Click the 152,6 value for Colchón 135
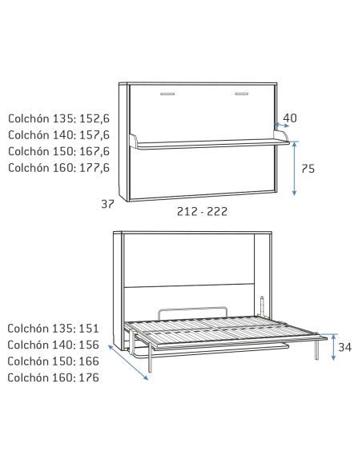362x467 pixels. coord(95,119)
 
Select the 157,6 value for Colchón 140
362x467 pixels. coord(95,135)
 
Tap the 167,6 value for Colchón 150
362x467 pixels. coord(95,152)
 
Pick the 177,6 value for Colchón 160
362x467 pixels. coord(95,168)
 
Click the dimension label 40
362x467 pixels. coord(290,118)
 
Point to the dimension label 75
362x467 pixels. coord(308,169)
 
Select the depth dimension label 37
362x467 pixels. coord(107,205)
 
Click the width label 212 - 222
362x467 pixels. coord(202,211)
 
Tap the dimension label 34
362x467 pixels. coord(345,347)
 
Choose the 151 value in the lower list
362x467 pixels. coord(89,329)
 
